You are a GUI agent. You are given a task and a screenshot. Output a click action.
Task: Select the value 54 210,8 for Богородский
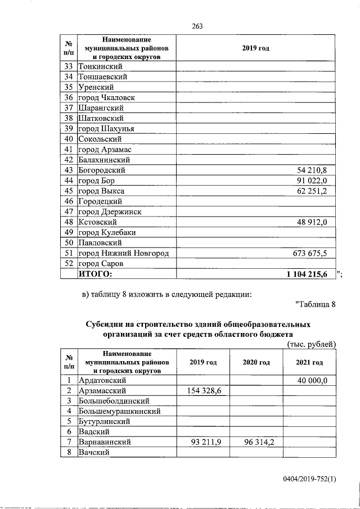pos(316,170)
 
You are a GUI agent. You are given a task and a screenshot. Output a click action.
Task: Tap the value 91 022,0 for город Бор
pos(316,180)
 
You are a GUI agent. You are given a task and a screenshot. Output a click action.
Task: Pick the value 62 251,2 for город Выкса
pos(316,191)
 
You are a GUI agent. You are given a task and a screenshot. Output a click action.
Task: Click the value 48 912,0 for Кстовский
pos(316,222)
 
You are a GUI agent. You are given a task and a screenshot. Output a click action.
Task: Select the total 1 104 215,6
pos(310,274)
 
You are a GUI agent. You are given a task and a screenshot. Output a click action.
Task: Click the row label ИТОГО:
pos(95,274)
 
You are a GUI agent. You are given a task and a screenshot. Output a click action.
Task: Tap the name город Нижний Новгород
pos(123,253)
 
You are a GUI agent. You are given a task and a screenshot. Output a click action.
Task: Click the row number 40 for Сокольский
pos(69,139)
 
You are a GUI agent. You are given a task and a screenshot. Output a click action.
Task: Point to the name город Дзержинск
pos(110,211)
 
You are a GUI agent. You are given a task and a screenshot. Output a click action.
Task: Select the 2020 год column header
pos(256,363)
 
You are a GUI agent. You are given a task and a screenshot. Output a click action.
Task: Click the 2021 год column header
pos(309,363)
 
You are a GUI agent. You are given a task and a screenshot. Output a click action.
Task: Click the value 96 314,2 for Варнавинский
pos(256,442)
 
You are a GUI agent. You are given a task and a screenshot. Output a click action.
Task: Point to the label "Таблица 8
pos(315,305)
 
